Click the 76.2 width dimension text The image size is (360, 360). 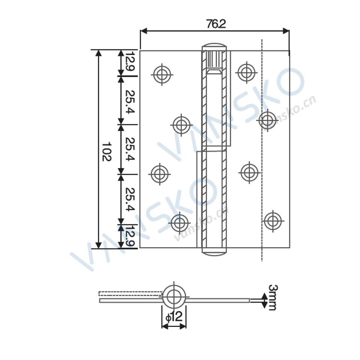(x=216, y=24)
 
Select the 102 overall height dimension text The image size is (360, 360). (x=106, y=151)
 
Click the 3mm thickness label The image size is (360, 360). (x=273, y=297)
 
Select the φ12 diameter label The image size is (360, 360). (x=174, y=317)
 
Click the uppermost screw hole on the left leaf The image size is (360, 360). (x=162, y=74)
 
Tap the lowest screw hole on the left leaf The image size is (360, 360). (x=179, y=223)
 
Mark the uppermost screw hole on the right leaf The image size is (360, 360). (x=246, y=72)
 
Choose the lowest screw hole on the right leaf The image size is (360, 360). (x=273, y=221)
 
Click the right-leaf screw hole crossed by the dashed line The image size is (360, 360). (x=267, y=120)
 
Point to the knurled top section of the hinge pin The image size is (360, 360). (x=214, y=60)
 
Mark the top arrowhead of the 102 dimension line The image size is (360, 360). (x=99, y=53)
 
